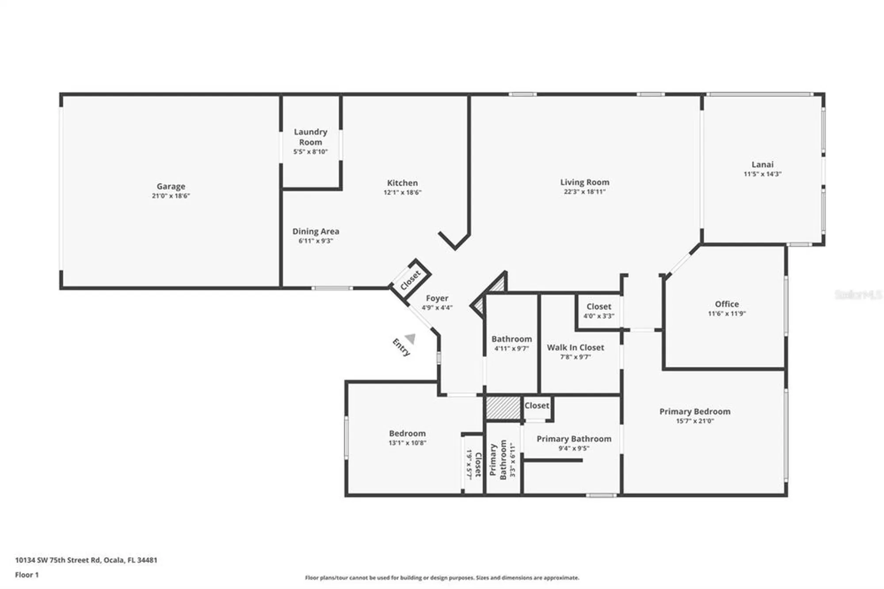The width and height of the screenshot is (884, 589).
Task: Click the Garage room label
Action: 171,186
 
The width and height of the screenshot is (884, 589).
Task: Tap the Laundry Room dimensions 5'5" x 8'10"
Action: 310,152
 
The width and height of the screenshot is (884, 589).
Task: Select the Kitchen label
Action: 402,183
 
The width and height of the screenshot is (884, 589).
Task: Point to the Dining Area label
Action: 316,231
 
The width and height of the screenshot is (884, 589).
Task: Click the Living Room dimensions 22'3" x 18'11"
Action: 584,191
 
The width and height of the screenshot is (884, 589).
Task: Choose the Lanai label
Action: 762,164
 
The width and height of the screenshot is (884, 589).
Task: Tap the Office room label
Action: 727,304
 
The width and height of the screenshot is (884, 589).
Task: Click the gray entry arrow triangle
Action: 411,338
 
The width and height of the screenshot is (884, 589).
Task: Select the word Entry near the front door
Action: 401,347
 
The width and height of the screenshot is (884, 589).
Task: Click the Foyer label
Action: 437,298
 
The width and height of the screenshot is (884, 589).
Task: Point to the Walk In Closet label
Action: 575,348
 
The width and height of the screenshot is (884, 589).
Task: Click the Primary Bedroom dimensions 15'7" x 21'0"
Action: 695,421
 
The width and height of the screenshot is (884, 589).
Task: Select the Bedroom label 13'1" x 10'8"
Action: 407,433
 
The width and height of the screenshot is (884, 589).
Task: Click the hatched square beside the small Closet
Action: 503,408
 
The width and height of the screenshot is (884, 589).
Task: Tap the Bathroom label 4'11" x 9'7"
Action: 511,339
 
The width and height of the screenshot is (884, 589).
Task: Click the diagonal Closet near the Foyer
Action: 410,280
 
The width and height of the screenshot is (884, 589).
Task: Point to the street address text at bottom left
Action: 86,560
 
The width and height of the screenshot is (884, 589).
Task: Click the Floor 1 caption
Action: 27,575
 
